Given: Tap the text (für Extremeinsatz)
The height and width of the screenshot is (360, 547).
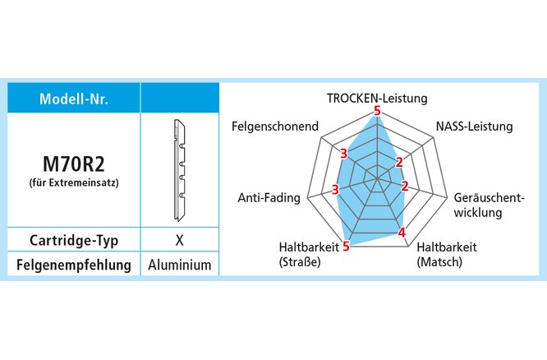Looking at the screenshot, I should pos(74,182).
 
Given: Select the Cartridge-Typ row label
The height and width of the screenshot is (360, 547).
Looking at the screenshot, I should pos(74,241).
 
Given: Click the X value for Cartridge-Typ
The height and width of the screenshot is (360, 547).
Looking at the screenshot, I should pos(179,241).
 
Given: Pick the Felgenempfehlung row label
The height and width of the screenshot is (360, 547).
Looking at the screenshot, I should pos(74,265).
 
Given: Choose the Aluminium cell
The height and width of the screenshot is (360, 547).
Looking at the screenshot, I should pos(180,265).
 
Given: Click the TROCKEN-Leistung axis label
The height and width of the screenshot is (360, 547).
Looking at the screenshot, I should pos(377,98).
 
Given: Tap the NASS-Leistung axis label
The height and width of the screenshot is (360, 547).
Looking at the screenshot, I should pos(474,127).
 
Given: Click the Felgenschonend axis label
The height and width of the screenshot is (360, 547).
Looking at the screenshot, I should pos(274,127).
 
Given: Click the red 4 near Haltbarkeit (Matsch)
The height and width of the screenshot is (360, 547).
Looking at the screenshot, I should pos(402,233).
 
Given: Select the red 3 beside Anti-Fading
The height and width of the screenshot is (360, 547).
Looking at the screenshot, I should pos(335,191).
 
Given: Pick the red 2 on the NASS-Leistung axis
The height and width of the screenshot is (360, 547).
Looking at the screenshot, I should pos(399,162).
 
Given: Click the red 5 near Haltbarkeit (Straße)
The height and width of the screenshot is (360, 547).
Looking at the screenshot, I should pos(347,245).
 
